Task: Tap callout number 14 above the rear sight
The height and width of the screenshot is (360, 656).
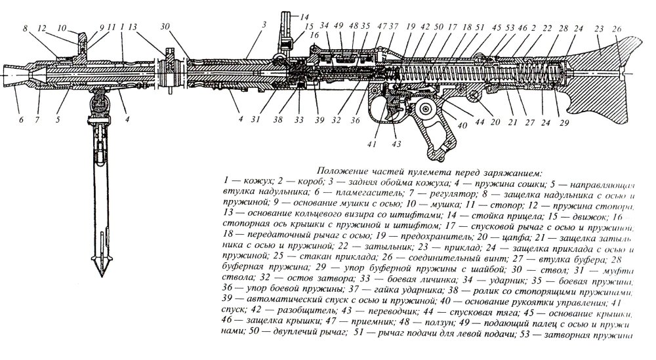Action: [x=304, y=16]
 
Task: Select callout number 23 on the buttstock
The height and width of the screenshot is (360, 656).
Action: [x=598, y=28]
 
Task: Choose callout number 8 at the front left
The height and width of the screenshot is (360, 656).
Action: [x=24, y=28]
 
